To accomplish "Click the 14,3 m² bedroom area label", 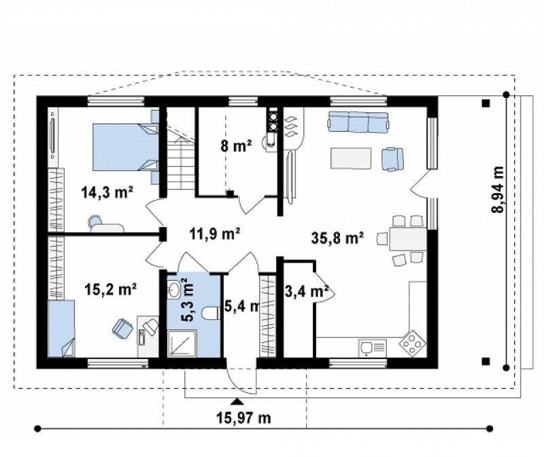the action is (107, 192).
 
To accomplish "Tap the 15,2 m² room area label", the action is (111, 289).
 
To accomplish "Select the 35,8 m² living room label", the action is (337, 238).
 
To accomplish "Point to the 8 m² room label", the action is (236, 146).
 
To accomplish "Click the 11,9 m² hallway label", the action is (215, 233).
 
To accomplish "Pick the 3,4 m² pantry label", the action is (307, 292).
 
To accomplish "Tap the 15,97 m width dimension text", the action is (243, 418).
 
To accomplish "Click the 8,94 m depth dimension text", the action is (498, 189).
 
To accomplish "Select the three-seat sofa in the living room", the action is (358, 122).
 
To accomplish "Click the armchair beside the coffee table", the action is (393, 159).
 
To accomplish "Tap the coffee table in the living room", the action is (351, 158).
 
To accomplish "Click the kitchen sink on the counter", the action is (372, 348).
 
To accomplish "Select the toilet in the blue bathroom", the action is (210, 313).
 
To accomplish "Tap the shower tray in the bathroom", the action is (182, 343).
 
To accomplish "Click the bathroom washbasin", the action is (174, 289).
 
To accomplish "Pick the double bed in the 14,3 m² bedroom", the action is (126, 147).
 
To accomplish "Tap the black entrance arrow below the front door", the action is (237, 401).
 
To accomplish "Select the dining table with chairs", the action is (403, 239).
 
